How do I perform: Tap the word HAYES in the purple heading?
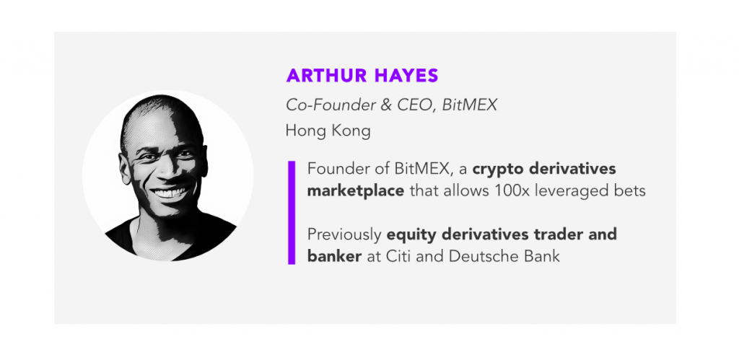402,76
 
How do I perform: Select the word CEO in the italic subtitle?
414,105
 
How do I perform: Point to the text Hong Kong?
328,131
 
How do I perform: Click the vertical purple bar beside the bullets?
292,213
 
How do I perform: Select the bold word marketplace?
355,192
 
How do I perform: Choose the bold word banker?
334,256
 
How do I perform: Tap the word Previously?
344,235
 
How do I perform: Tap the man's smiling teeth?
168,193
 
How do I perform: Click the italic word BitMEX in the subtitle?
469,105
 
